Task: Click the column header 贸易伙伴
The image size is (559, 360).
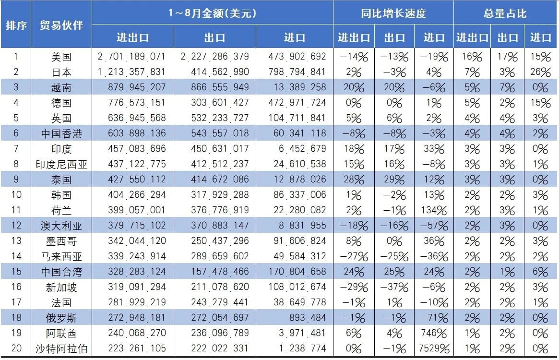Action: pyautogui.click(x=61, y=25)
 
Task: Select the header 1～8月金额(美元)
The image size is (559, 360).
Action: pyautogui.click(x=212, y=13)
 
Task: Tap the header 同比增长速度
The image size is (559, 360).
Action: pyautogui.click(x=393, y=13)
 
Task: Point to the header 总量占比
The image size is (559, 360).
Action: pyautogui.click(x=505, y=13)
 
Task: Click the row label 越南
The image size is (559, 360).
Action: pyautogui.click(x=61, y=87)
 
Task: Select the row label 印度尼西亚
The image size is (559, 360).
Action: pyautogui.click(x=61, y=164)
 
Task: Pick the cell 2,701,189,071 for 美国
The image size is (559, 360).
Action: pyautogui.click(x=131, y=57)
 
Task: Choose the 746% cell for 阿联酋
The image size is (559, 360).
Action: pyautogui.click(x=434, y=333)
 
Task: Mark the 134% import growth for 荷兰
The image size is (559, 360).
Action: pyautogui.click(x=434, y=210)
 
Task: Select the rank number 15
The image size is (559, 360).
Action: pyautogui.click(x=16, y=272)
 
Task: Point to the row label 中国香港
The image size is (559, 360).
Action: pyautogui.click(x=61, y=133)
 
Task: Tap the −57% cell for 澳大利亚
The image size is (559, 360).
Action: pyautogui.click(x=434, y=226)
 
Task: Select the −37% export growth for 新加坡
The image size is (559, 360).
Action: pyautogui.click(x=394, y=287)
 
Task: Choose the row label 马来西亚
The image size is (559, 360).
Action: pyautogui.click(x=61, y=256)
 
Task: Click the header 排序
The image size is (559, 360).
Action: pyautogui.click(x=16, y=25)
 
